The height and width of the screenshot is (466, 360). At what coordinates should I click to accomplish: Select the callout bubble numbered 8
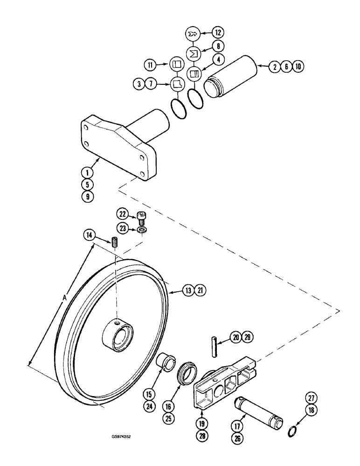tap(218, 46)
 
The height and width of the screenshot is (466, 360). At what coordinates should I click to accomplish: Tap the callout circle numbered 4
tap(218, 60)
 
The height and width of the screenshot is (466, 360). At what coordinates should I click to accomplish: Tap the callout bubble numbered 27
tap(311, 397)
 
